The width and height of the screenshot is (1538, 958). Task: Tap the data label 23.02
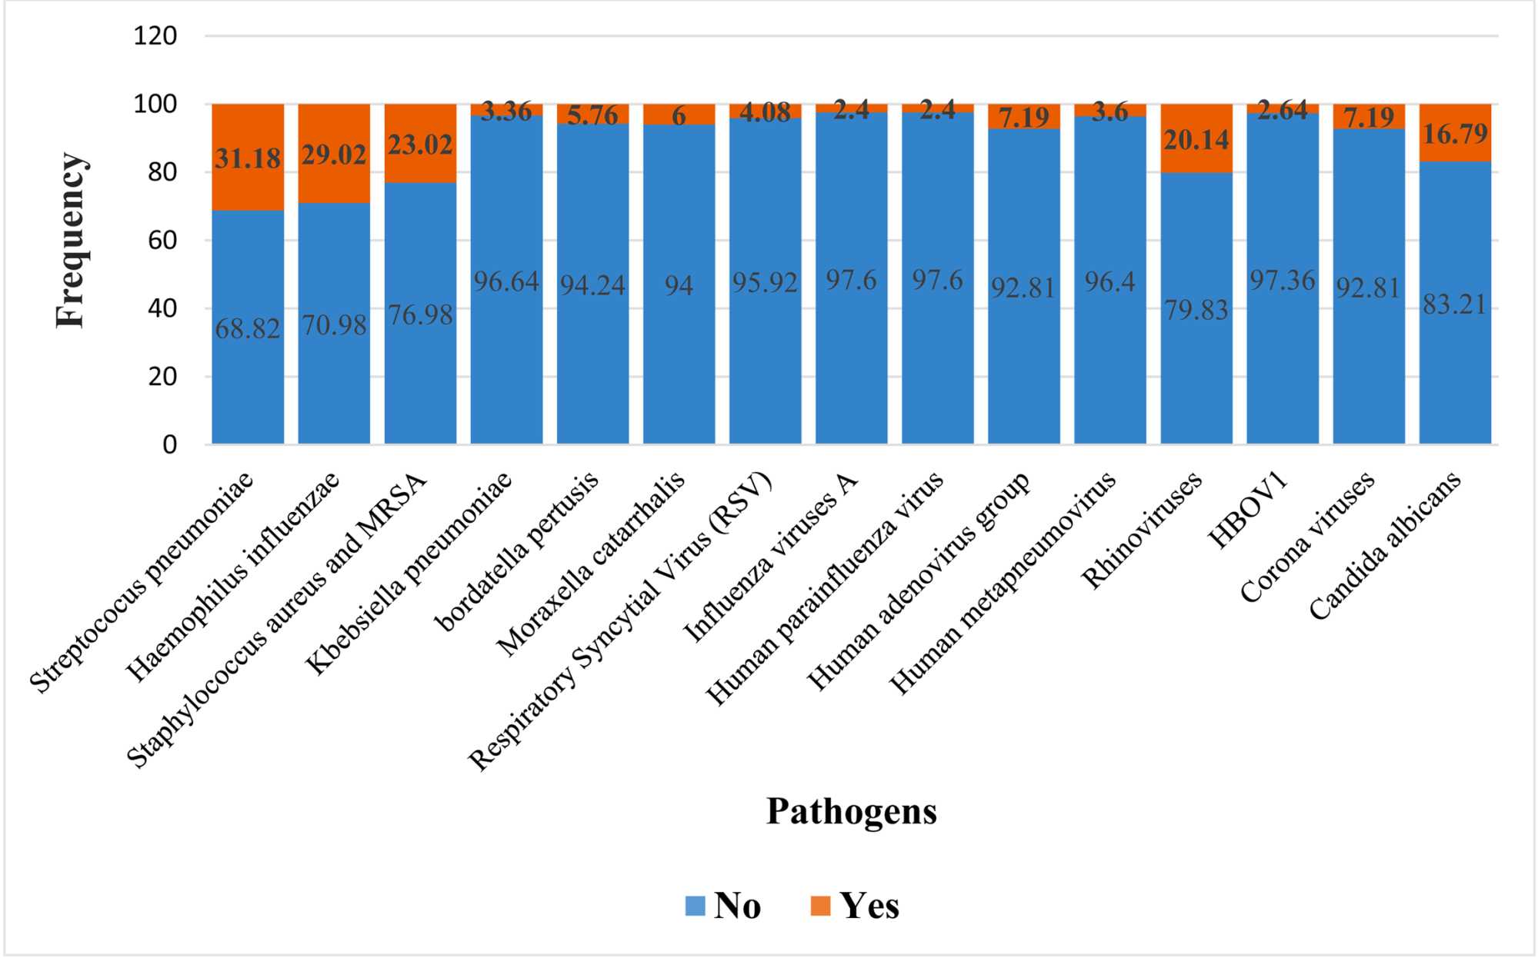tap(420, 145)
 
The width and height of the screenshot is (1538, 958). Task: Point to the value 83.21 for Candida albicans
tap(1454, 304)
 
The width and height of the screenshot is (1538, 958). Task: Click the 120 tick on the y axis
tap(155, 36)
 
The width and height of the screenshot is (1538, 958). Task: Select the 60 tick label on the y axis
tap(162, 241)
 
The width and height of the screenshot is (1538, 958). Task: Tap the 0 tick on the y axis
tap(169, 444)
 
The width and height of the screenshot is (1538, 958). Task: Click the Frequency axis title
tap(70, 240)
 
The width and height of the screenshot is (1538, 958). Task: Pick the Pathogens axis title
tap(852, 811)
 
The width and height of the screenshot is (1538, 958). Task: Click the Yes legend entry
tap(856, 906)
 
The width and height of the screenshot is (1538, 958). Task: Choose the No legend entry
tap(723, 906)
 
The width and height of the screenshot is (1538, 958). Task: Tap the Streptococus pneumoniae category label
tap(142, 583)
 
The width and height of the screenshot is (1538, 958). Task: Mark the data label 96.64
tap(505, 282)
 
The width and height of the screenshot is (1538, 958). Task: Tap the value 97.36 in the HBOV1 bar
tap(1282, 281)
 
